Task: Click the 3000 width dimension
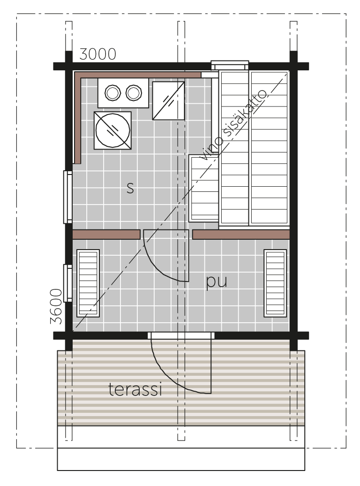point(97,54)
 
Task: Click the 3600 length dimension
point(56,306)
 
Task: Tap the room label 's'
point(130,188)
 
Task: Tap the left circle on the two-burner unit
point(113,93)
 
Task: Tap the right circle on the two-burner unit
point(134,93)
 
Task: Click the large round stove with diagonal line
point(113,130)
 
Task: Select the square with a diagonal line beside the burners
point(169,100)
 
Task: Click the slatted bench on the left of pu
point(88,283)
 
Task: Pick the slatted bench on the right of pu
point(275,283)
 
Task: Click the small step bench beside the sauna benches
point(204,188)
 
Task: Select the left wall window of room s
point(68,197)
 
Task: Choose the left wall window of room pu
point(68,283)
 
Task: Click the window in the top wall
point(230,65)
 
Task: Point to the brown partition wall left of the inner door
point(106,235)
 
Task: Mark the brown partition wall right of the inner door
point(241,235)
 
